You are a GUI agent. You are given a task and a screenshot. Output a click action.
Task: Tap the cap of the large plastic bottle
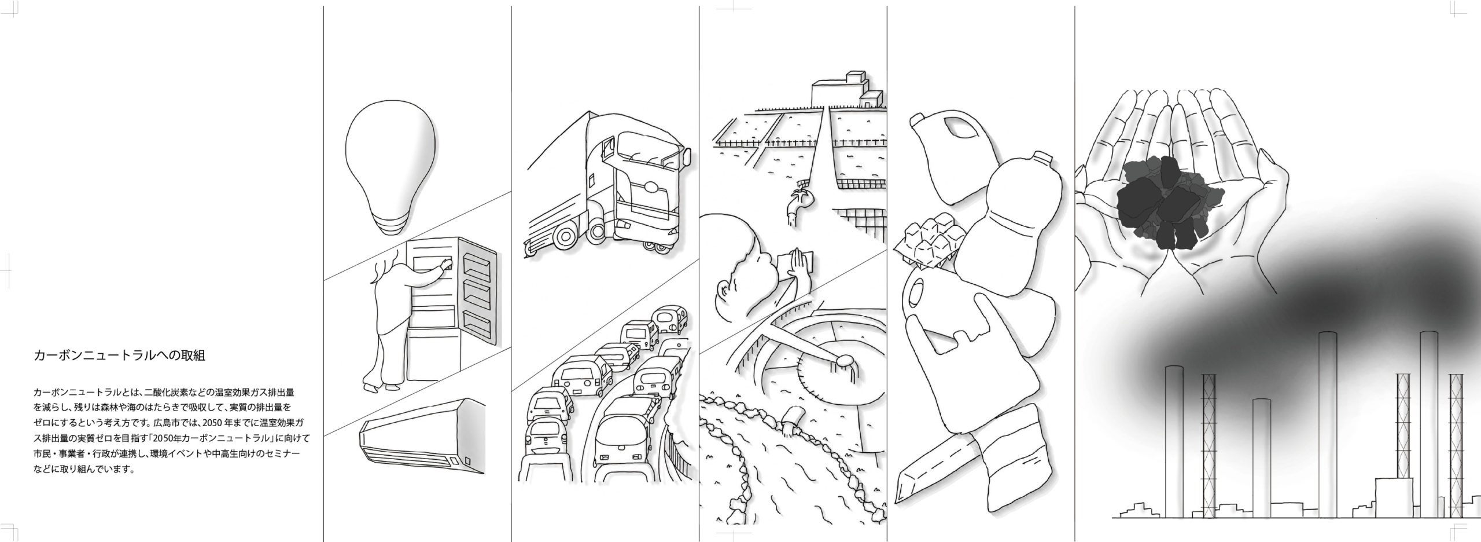(1042, 158)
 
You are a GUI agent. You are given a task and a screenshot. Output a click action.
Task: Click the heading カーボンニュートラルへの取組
(119, 356)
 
